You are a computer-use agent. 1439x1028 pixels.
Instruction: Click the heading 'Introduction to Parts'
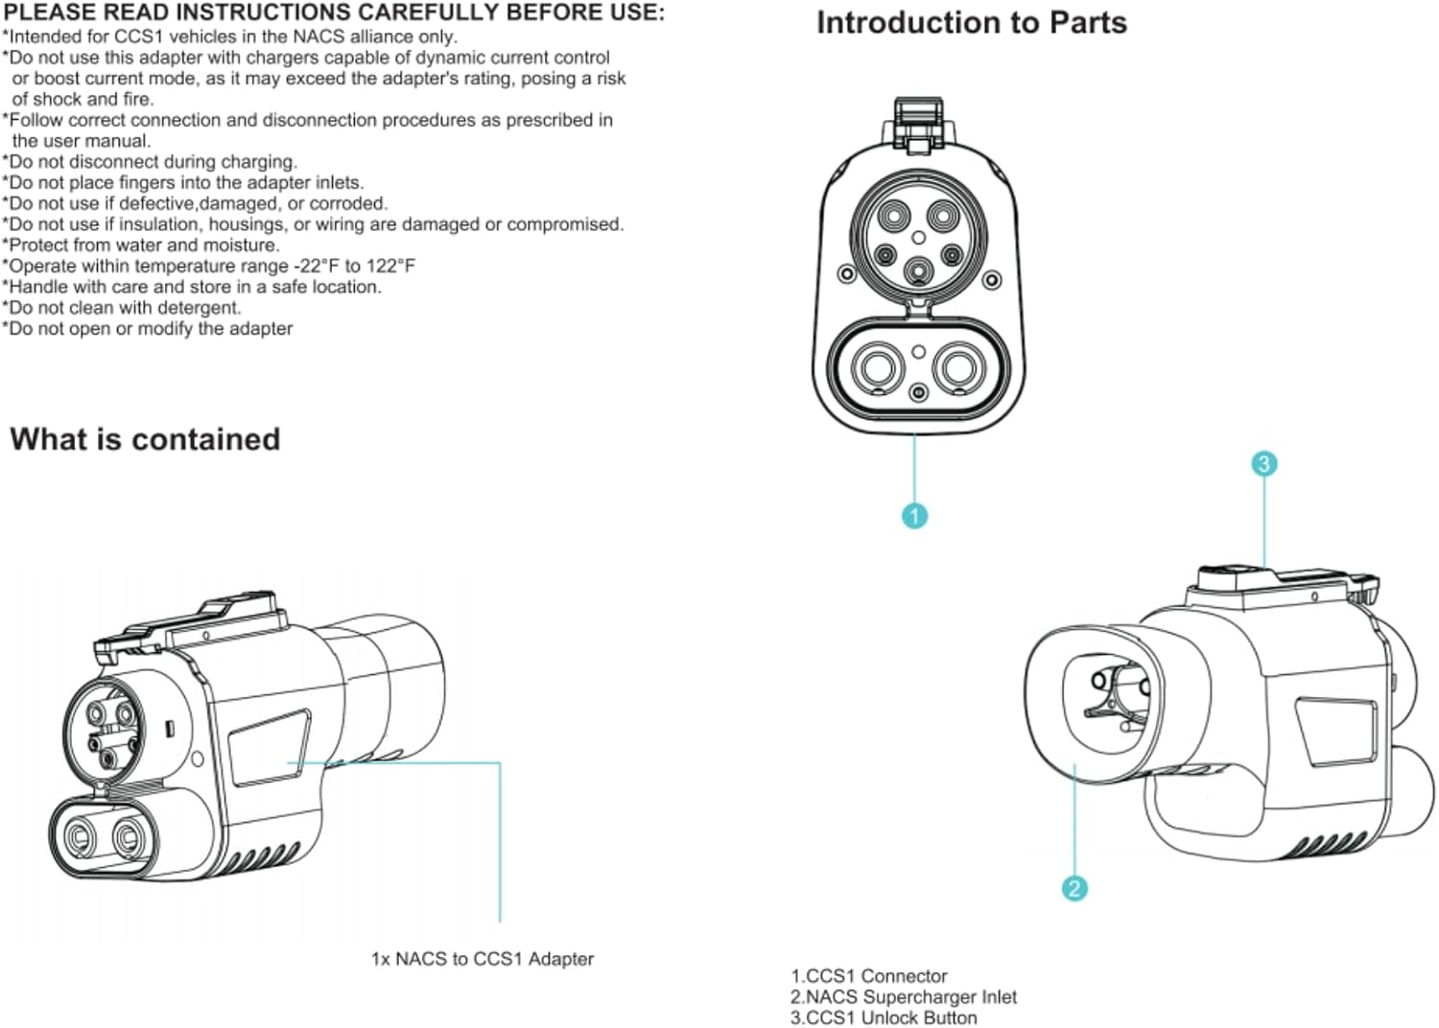971,23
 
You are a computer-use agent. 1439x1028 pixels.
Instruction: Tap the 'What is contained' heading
145,439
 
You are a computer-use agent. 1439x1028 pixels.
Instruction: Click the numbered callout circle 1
914,516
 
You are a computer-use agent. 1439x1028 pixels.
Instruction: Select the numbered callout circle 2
1073,889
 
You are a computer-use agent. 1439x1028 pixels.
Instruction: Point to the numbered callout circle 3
1263,464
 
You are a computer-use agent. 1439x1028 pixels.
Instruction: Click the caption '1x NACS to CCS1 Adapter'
482,959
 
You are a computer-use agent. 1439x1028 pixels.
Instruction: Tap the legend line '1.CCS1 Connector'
868,976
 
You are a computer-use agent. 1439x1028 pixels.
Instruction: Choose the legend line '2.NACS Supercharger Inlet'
903,997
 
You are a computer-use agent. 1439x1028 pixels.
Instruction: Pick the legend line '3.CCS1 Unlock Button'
884,1018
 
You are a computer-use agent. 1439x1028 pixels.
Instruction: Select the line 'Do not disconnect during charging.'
151,161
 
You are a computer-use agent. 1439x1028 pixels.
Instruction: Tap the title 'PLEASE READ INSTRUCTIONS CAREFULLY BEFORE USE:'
333,12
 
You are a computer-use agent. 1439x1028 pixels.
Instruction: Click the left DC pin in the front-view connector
877,366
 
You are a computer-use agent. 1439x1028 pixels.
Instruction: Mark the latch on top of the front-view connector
918,123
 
